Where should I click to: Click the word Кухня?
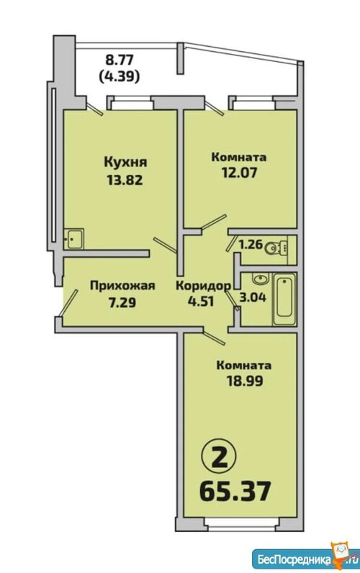126,161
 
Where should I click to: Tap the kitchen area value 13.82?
125,180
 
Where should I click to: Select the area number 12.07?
239,172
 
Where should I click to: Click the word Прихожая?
122,285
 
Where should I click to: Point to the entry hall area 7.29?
122,302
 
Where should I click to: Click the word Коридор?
203,285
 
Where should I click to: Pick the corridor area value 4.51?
200,302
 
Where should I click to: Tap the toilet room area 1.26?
251,244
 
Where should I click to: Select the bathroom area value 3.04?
253,297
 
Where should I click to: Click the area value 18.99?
245,381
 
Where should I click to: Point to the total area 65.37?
235,491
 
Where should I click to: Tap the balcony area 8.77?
119,58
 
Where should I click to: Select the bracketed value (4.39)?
119,76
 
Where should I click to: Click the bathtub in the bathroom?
284,299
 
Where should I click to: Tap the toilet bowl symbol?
275,248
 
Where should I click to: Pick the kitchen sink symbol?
73,239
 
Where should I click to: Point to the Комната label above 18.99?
244,366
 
